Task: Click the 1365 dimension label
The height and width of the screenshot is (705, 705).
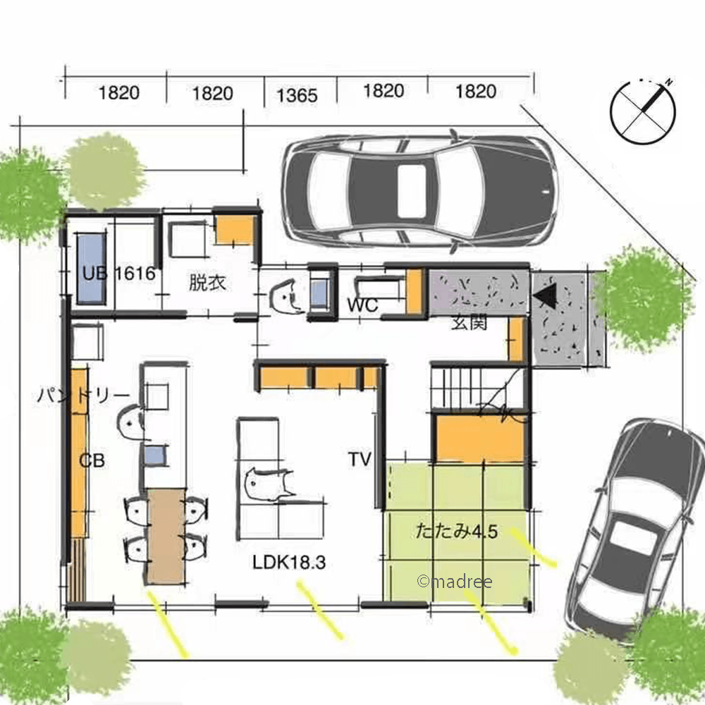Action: click(x=297, y=95)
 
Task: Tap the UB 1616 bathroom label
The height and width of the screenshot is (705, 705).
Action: click(x=119, y=274)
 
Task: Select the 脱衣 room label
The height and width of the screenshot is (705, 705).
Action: click(x=207, y=283)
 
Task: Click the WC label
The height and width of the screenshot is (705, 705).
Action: click(x=362, y=305)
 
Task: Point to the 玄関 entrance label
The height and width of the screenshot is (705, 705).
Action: click(x=469, y=322)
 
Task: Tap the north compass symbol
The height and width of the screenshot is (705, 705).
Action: click(x=643, y=111)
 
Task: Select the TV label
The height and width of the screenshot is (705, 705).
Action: click(x=360, y=460)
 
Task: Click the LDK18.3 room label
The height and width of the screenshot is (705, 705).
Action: click(x=289, y=563)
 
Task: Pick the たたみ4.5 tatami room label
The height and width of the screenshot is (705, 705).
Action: click(x=457, y=532)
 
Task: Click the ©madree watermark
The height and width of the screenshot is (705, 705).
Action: click(x=455, y=582)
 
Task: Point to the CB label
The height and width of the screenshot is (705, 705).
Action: click(x=92, y=460)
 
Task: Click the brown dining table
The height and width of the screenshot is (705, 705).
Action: click(x=166, y=536)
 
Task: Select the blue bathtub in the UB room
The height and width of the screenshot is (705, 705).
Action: click(x=91, y=269)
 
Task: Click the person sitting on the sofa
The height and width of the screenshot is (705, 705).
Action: click(x=267, y=486)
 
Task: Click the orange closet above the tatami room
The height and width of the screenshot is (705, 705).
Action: click(x=480, y=438)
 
